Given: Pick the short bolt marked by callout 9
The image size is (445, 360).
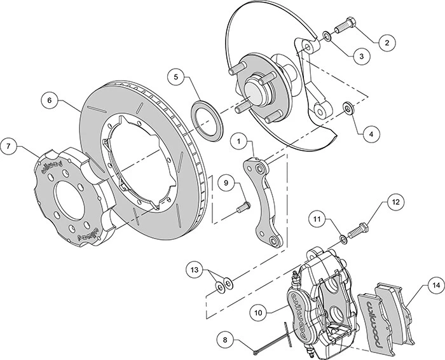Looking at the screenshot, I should tap(242, 207).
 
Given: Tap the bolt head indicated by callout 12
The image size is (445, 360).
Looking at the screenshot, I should tap(362, 226).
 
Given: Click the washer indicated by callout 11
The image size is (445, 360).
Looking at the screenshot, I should tap(343, 238).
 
